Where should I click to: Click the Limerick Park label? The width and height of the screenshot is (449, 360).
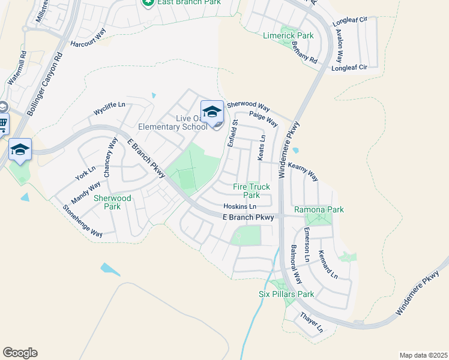(x=288, y=36)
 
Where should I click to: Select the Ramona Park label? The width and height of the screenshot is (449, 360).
(x=319, y=209)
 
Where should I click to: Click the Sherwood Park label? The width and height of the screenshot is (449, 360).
(x=112, y=202)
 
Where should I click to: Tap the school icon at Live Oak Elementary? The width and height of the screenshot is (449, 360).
(x=212, y=112)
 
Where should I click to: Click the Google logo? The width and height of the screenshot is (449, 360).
(x=20, y=353)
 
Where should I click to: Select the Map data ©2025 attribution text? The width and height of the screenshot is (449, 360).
(x=423, y=355)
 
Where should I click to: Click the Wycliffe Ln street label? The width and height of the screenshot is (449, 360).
(x=109, y=109)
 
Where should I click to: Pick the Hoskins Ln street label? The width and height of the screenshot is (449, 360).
(x=240, y=206)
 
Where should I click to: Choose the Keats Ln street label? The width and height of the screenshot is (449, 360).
(x=262, y=148)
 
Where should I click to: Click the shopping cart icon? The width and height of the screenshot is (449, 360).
(x=3, y=124)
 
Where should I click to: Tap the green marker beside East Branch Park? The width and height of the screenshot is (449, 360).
(x=148, y=3)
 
